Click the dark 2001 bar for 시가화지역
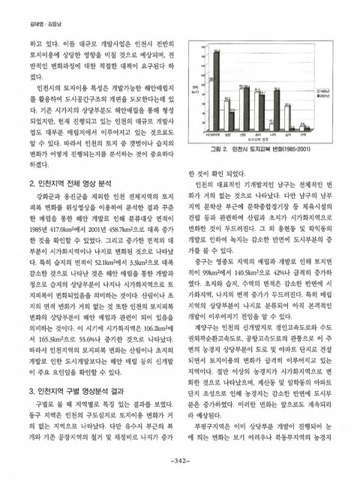[x=217, y=90]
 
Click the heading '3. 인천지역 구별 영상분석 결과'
[x=76, y=391]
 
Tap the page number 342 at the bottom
[x=180, y=482]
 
